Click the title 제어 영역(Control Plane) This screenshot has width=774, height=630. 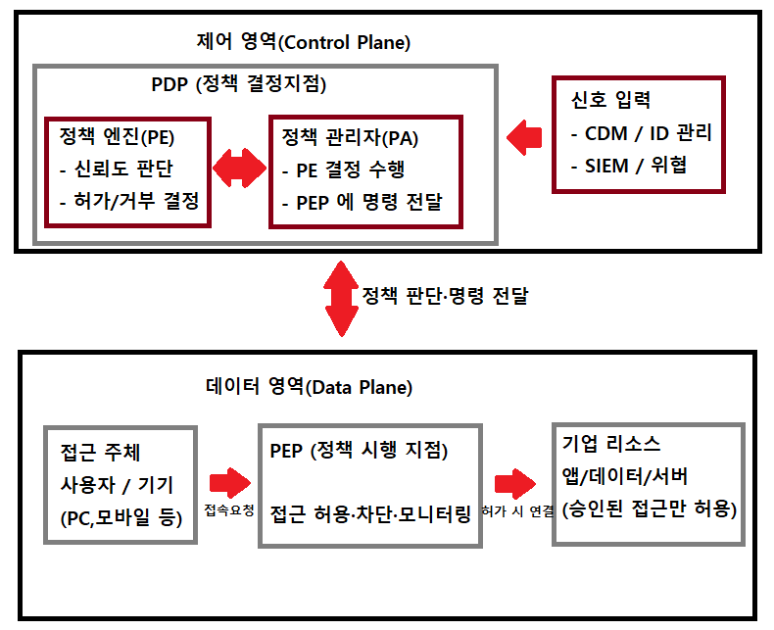pos(303,42)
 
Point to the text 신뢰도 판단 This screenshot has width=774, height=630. pos(130,168)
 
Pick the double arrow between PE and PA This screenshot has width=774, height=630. pos(240,169)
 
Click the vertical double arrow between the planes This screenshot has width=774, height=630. pos(342,297)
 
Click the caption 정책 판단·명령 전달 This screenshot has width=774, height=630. pos(445,296)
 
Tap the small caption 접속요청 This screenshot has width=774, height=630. pos(229,510)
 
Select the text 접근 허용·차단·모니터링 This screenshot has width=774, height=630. pos(370,512)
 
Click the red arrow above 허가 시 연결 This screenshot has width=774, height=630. pos(516,483)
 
